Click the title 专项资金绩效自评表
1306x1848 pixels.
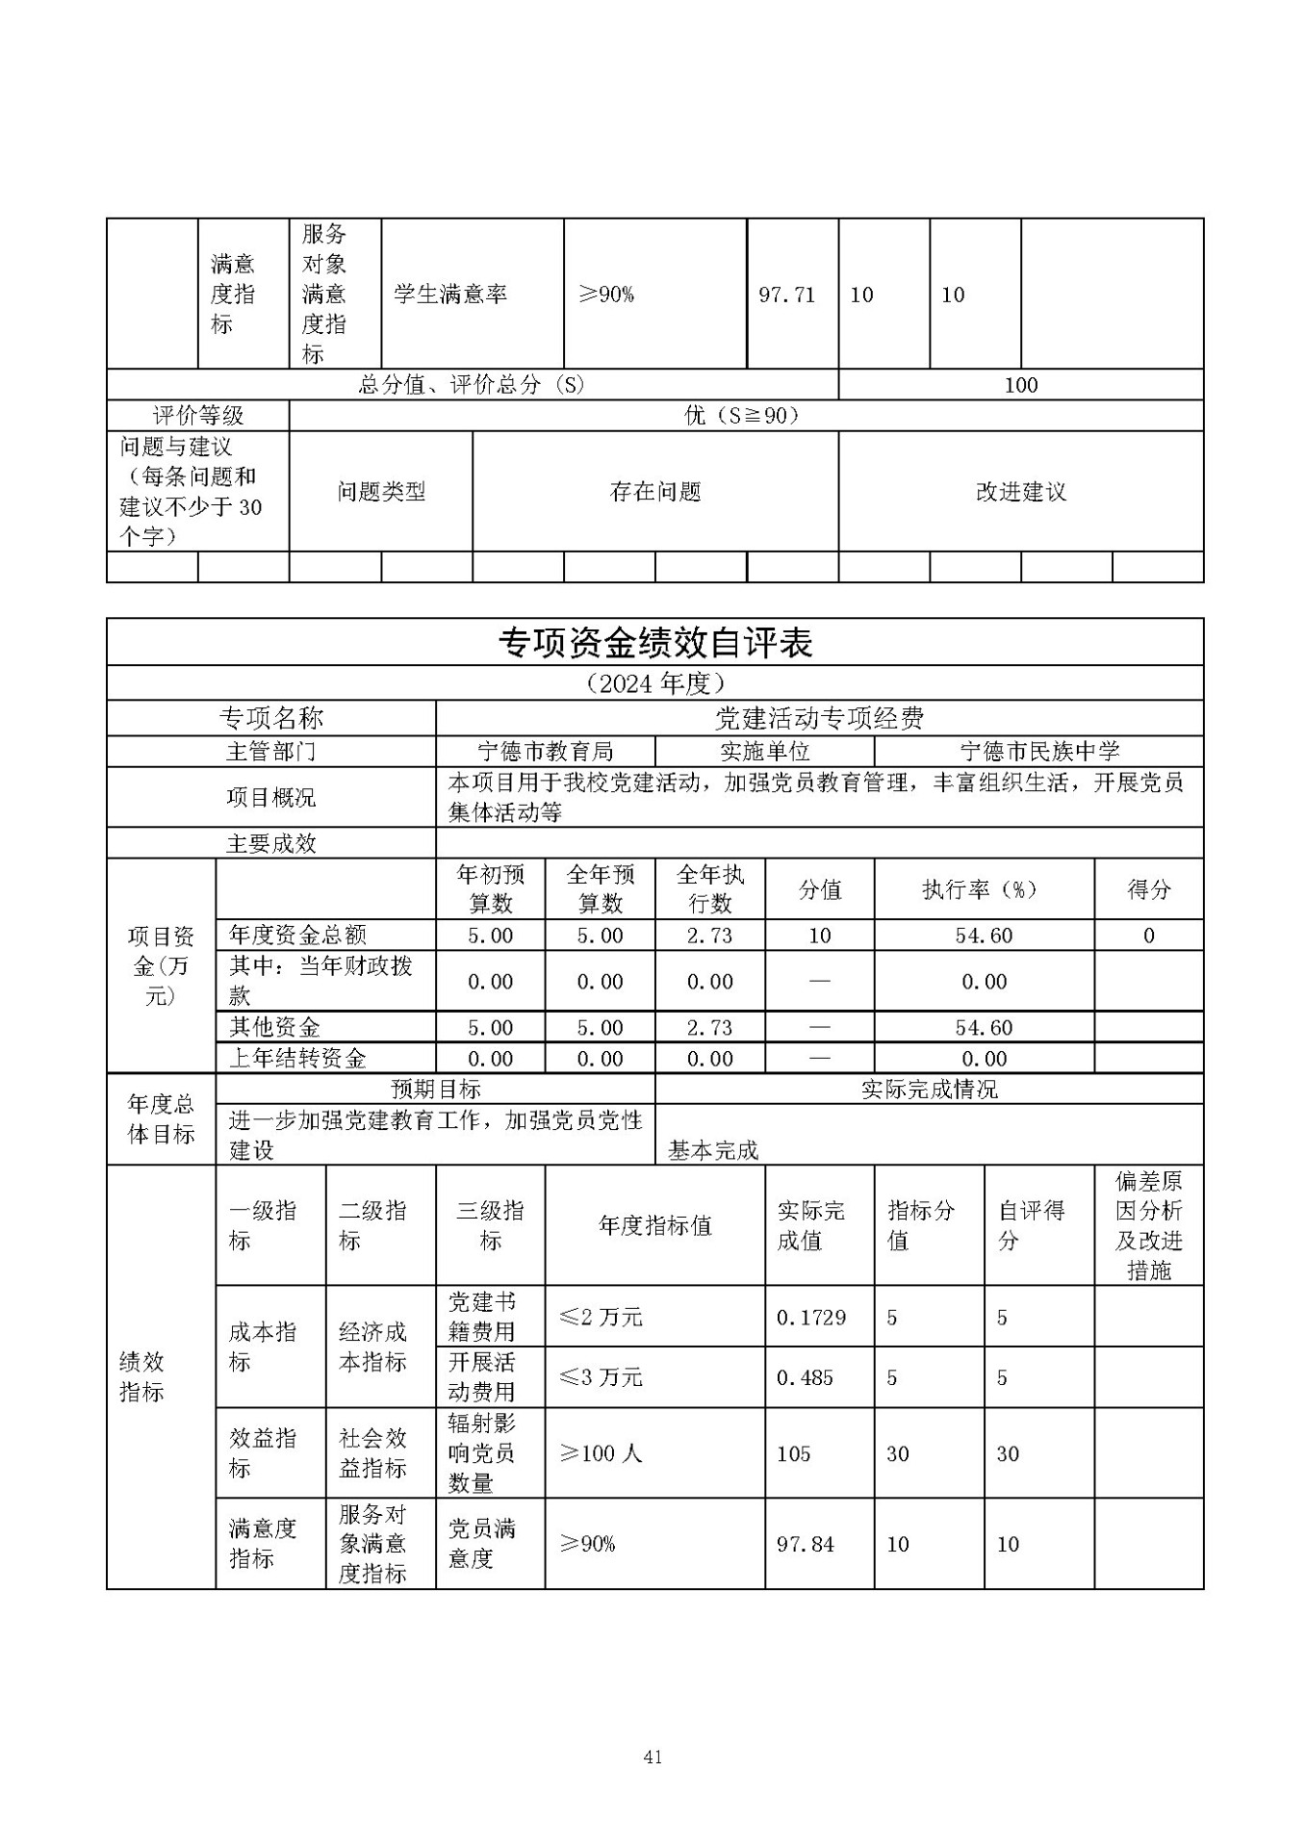654,643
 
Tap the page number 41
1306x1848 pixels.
653,1758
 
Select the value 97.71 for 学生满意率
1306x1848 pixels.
786,295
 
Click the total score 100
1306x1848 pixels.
1020,385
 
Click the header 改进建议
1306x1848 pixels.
1020,492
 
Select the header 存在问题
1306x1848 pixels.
655,492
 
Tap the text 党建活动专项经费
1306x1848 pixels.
819,718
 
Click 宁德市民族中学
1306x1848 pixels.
1039,752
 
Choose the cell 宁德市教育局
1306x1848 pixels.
546,752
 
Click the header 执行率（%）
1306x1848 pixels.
983,889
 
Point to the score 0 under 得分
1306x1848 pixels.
1148,936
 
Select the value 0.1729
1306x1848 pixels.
811,1317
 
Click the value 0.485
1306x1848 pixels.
805,1377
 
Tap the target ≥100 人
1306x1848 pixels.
601,1453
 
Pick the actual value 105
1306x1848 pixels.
794,1453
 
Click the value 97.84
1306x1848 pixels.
806,1544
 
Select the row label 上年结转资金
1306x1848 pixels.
297,1059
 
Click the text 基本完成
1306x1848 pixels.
713,1150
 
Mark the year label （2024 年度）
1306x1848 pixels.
654,683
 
